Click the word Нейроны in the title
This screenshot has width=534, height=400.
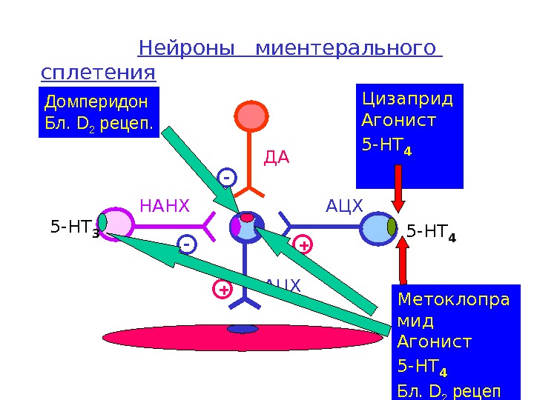pos(191,49)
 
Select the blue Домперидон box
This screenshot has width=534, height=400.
pos(99,112)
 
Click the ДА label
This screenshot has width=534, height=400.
pos(277,158)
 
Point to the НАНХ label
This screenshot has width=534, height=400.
pos(165,205)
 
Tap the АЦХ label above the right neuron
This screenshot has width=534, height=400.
pos(345,205)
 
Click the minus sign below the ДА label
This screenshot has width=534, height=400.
pos(227,178)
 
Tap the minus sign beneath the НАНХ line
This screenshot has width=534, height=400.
pos(187,244)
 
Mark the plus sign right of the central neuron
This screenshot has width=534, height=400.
pos(303,244)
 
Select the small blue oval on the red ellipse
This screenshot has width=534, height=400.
pos(243,329)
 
